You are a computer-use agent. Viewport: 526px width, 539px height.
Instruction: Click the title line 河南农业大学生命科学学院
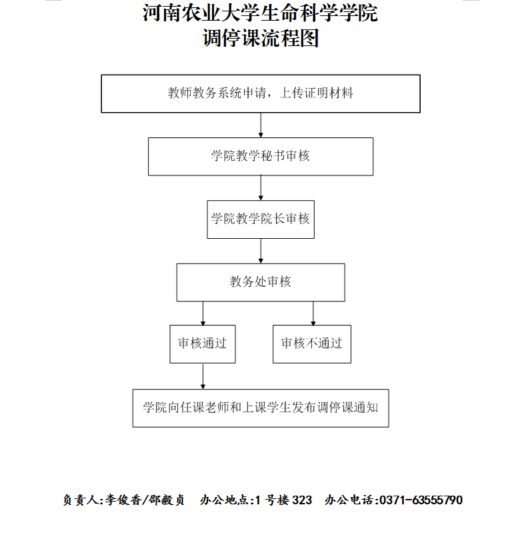tap(260, 13)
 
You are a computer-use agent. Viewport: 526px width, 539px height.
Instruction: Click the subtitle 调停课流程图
tap(261, 37)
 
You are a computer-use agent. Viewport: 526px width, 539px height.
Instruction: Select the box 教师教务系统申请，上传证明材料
tap(261, 93)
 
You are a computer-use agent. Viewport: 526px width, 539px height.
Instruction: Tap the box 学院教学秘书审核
tap(261, 157)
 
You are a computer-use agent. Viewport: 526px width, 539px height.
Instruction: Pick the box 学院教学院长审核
tap(261, 219)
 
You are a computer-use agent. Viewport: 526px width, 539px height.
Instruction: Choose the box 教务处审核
tap(261, 283)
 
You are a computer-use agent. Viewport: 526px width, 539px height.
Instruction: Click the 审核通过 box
tap(203, 344)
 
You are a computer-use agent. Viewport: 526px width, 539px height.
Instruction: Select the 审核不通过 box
tap(312, 344)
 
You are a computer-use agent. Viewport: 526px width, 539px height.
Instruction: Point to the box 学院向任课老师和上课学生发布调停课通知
tap(261, 408)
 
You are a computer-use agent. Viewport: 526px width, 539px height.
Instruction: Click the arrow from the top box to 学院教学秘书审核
tap(261, 125)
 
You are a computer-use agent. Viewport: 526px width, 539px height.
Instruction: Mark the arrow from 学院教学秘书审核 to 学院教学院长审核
tap(261, 188)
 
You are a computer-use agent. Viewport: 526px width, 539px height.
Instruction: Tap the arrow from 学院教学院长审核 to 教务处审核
tap(261, 251)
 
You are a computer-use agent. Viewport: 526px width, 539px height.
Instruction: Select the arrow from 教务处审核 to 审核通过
tap(203, 314)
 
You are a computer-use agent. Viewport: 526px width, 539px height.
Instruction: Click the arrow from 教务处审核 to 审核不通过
tap(313, 314)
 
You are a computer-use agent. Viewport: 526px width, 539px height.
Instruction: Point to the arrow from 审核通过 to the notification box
tap(203, 376)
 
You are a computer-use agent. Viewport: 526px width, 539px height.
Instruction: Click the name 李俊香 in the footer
tap(123, 500)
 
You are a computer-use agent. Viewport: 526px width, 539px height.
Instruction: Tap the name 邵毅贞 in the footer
tap(167, 500)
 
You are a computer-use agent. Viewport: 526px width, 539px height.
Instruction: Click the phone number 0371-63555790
tap(421, 500)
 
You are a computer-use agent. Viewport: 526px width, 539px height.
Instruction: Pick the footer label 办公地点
tap(225, 500)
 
